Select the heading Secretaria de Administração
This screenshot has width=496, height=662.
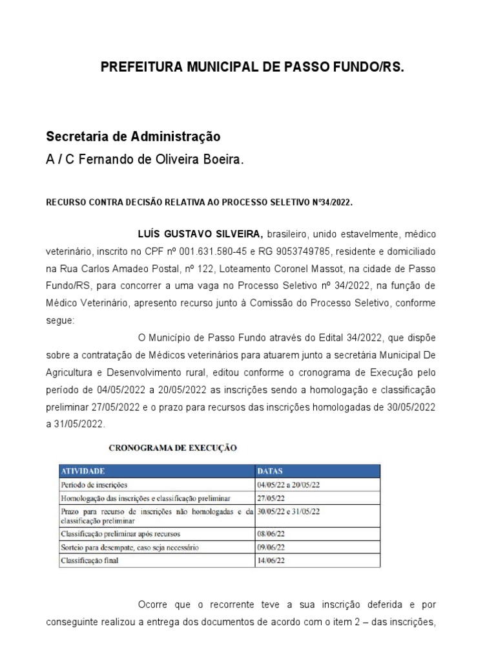pyautogui.click(x=133, y=137)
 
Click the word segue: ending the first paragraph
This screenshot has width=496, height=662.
pyautogui.click(x=60, y=319)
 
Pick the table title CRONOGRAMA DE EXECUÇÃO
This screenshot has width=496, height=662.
pyautogui.click(x=172, y=447)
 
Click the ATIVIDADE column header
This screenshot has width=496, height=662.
pyautogui.click(x=83, y=471)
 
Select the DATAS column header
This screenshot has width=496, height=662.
pyautogui.click(x=270, y=471)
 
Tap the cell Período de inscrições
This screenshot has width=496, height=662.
pyautogui.click(x=94, y=484)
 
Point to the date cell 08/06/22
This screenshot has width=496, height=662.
pyautogui.click(x=270, y=534)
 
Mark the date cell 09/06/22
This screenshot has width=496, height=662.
pyautogui.click(x=270, y=548)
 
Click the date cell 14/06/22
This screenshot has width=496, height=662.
pyautogui.click(x=270, y=561)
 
